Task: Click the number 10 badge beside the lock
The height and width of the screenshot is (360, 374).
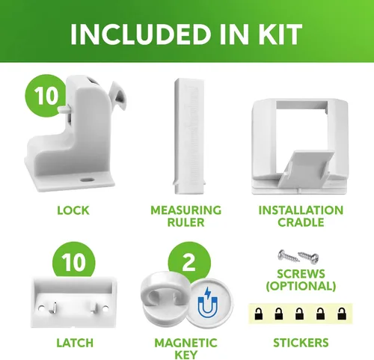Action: point(46,96)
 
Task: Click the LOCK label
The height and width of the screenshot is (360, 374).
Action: point(73,210)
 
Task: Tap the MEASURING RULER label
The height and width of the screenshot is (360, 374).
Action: point(186,216)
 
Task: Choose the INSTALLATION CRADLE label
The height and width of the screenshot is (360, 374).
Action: point(301,216)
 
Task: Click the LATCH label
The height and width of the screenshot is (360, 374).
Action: point(75,343)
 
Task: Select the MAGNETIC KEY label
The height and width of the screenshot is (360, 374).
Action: point(186,349)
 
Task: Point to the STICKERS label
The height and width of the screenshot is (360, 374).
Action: point(301,343)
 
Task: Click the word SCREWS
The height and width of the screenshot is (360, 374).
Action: point(301,274)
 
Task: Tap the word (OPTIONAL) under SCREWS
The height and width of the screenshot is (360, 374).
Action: point(301,286)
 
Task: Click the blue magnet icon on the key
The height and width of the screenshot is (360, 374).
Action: point(207,302)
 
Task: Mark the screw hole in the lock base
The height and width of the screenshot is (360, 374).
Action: point(87,180)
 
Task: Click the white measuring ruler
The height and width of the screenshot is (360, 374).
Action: point(189,136)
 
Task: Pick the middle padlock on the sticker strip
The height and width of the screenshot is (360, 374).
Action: point(299,314)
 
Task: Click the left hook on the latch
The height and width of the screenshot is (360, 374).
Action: point(53,308)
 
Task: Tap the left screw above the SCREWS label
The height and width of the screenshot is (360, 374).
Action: point(289,256)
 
